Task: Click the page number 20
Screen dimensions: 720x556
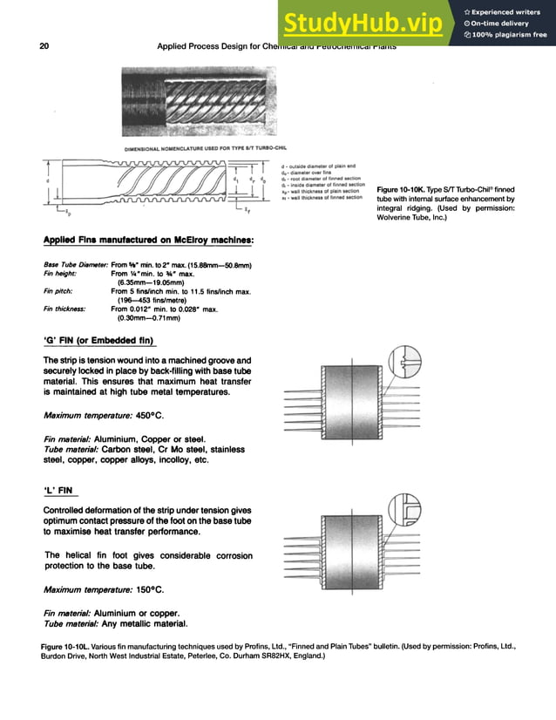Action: click(x=44, y=46)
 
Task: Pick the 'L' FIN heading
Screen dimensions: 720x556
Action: click(x=61, y=489)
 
